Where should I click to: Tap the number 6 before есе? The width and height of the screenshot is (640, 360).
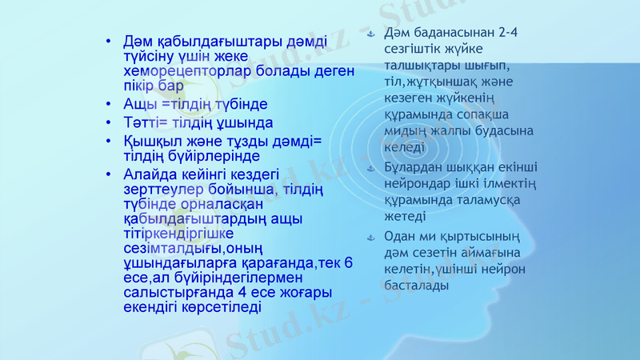click(349, 262)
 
